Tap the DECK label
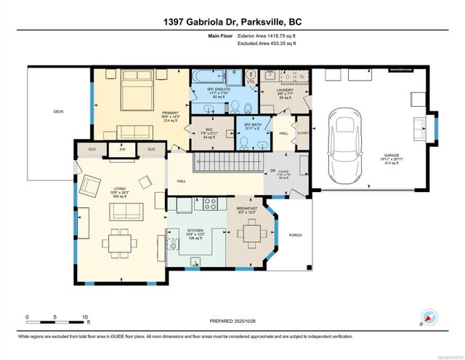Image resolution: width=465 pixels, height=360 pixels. (59, 111)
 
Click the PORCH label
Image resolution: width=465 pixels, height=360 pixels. (296, 235)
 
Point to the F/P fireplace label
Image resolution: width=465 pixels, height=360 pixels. (121, 148)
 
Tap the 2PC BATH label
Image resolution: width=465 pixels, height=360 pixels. (253, 124)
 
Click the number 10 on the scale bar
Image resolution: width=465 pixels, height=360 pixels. (85, 318)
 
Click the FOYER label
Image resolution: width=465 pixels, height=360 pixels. (286, 172)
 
